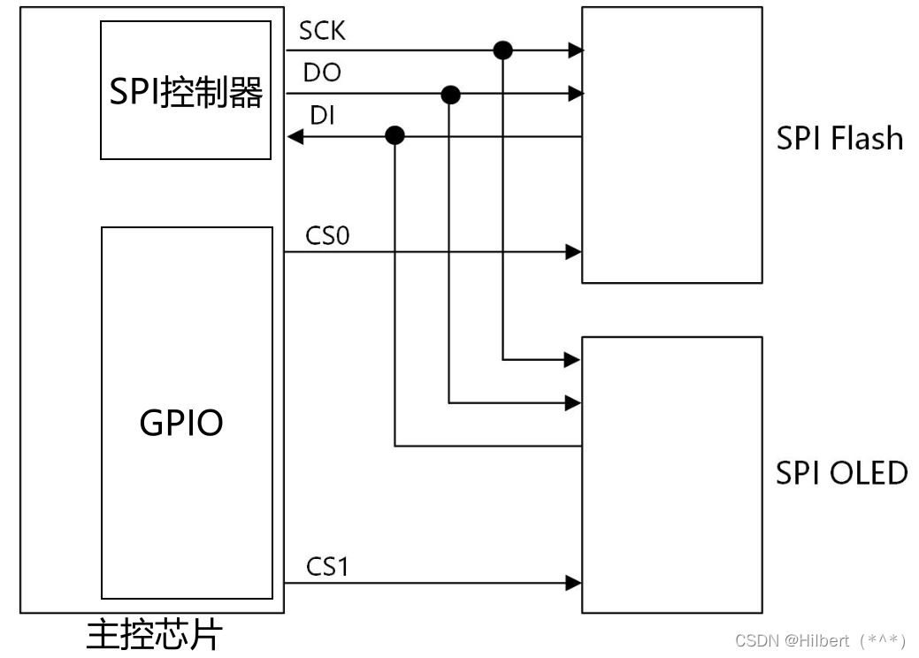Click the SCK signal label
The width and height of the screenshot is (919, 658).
[322, 31]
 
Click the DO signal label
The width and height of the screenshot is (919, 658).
[322, 73]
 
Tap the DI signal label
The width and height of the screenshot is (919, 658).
[322, 115]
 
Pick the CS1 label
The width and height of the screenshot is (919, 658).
[328, 566]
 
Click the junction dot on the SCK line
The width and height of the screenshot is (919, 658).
[502, 50]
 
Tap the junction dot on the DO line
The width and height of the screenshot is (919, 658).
[450, 94]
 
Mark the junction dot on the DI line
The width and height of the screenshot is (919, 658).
[395, 135]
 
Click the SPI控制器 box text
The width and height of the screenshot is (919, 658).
[186, 91]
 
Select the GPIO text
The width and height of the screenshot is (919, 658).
[181, 424]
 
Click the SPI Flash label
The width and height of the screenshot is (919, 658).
[839, 139]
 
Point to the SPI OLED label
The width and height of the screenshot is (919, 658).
[841, 473]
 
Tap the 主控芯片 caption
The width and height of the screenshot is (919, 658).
[155, 636]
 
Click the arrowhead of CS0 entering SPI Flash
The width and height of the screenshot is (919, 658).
[574, 252]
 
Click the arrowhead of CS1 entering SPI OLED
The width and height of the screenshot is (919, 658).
[574, 583]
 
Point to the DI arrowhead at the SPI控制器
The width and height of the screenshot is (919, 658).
[295, 136]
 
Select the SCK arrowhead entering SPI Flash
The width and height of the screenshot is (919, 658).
[575, 50]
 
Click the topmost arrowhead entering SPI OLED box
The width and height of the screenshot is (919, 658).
[573, 360]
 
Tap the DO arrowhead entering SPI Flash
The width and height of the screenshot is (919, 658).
[575, 93]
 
